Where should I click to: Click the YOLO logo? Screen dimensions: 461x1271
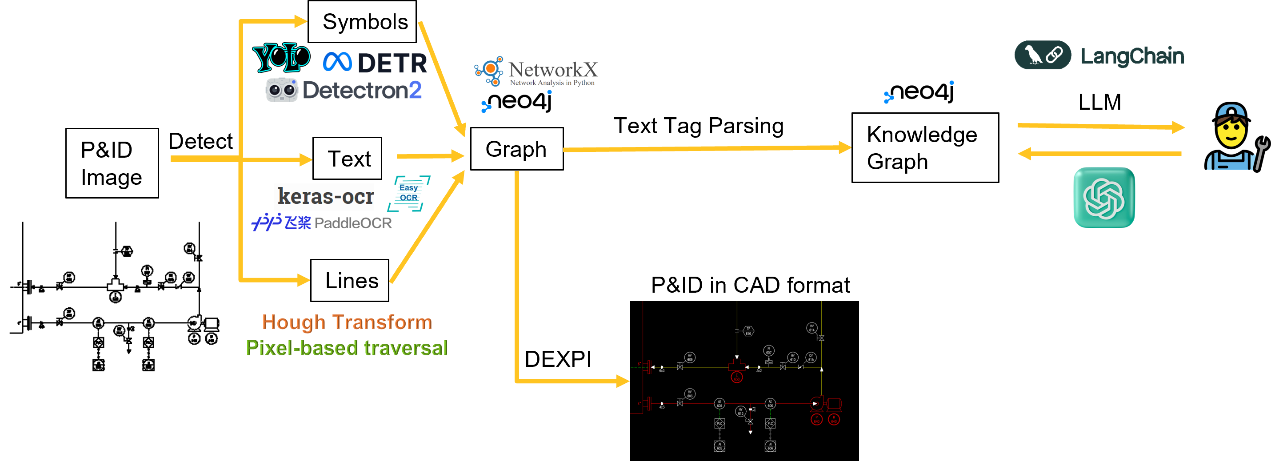pyautogui.click(x=281, y=57)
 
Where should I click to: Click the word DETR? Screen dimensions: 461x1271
pyautogui.click(x=392, y=63)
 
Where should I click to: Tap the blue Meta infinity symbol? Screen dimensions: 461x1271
pyautogui.click(x=337, y=62)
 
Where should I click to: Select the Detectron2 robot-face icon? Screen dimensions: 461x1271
pyautogui.click(x=282, y=90)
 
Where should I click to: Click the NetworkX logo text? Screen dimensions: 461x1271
pyautogui.click(x=552, y=70)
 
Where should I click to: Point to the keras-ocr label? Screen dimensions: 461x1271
pyautogui.click(x=325, y=196)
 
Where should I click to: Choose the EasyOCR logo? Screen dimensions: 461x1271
pyautogui.click(x=408, y=193)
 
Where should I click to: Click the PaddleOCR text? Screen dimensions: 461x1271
pyautogui.click(x=353, y=223)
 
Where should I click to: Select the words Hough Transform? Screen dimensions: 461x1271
pyautogui.click(x=347, y=322)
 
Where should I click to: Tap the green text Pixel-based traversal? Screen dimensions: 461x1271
pyautogui.click(x=347, y=348)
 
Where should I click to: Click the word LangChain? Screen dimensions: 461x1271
pyautogui.click(x=1132, y=56)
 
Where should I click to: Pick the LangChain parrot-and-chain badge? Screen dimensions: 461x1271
pyautogui.click(x=1043, y=55)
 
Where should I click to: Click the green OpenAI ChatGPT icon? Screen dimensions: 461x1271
pyautogui.click(x=1104, y=197)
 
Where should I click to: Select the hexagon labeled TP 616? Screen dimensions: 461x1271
pyautogui.click(x=748, y=331)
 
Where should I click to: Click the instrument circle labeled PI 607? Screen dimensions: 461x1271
pyautogui.click(x=769, y=350)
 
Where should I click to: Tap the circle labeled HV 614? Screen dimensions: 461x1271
pyautogui.click(x=811, y=328)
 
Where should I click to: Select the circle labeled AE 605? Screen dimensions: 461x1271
pyautogui.click(x=719, y=404)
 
